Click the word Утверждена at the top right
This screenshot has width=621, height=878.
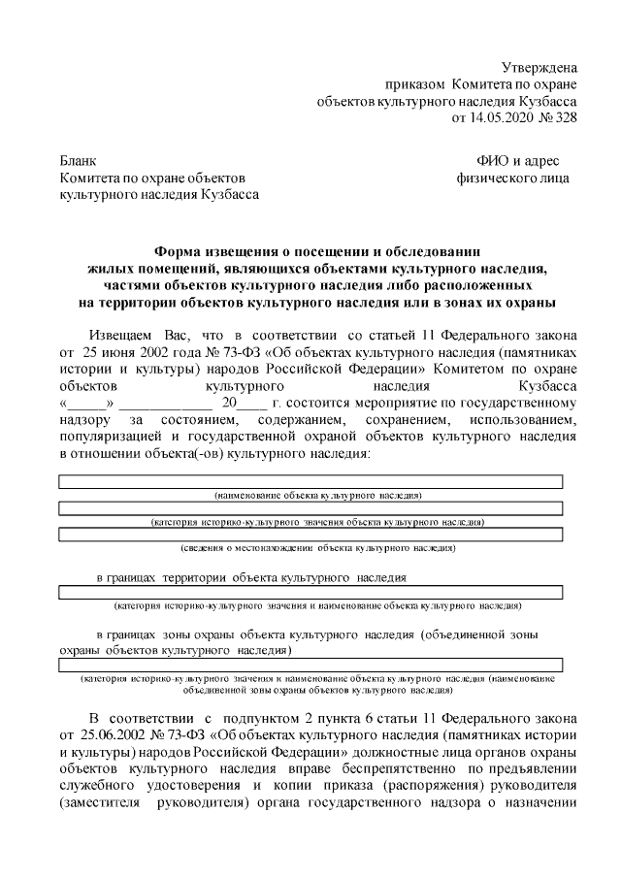pyautogui.click(x=539, y=67)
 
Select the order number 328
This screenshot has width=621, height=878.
pyautogui.click(x=566, y=118)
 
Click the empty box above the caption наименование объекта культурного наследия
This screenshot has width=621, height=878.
pyautogui.click(x=310, y=481)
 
